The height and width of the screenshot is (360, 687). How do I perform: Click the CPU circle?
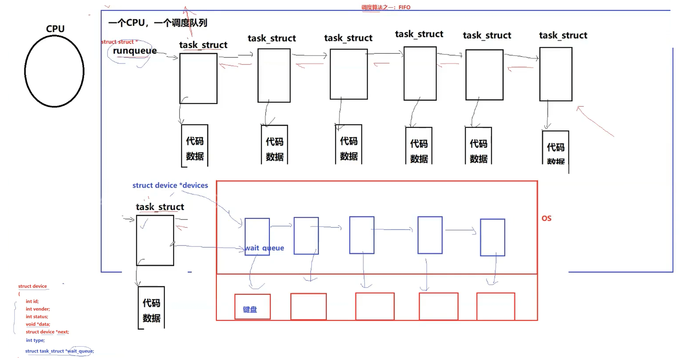pos(54,71)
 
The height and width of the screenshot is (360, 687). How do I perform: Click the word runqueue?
pos(135,51)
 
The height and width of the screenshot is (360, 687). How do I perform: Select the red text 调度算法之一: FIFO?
pos(386,7)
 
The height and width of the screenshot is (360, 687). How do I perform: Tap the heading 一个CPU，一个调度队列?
pos(158,23)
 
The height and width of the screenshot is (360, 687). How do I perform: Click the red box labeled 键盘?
pos(252,307)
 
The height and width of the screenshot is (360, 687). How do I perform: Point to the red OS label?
pos(546,218)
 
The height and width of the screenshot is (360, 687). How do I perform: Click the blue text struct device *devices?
pos(170,185)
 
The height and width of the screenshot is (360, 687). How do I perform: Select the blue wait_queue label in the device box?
pos(264,248)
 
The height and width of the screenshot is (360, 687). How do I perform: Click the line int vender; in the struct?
pos(38,309)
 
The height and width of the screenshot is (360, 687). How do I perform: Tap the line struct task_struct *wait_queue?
pos(60,351)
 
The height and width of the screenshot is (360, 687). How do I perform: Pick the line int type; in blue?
pos(35,340)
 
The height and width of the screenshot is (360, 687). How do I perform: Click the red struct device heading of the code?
pos(32,286)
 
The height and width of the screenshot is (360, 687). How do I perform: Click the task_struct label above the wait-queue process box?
pos(160,207)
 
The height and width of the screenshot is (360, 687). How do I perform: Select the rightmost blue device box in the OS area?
pos(492,237)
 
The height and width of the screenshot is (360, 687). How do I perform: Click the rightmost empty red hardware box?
pos(495,306)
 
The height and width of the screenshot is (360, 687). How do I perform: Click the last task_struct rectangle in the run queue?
pos(556,74)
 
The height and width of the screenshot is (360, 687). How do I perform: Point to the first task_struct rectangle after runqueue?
pos(198,78)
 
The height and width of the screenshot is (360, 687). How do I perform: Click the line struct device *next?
pos(47,332)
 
